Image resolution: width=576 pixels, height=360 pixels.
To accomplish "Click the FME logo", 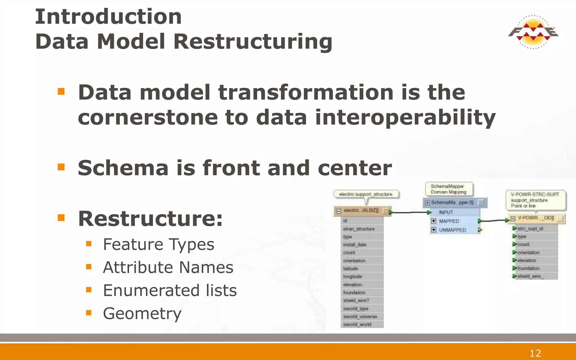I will [x=533, y=32].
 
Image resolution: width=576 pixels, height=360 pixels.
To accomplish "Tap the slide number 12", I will [x=535, y=353].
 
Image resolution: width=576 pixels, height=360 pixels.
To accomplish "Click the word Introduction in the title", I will [x=108, y=17].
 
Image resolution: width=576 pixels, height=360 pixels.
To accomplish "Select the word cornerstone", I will [x=147, y=117].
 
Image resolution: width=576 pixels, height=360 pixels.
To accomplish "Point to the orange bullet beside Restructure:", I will [x=61, y=218].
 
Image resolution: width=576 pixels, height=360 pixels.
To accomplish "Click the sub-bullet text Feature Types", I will [x=158, y=244].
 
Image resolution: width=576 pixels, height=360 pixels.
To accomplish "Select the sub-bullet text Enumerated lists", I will [x=170, y=290].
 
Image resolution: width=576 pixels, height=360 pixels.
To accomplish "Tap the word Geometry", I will [x=142, y=313].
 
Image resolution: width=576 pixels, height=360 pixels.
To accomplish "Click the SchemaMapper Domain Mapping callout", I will [x=449, y=189].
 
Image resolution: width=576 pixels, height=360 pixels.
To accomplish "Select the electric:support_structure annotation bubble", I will [x=366, y=194].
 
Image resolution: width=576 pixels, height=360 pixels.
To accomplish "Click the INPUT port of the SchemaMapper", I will [x=446, y=212].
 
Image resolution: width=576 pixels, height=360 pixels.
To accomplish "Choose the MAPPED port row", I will [x=449, y=221].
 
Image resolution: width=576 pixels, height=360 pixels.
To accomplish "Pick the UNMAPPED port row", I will [x=452, y=230].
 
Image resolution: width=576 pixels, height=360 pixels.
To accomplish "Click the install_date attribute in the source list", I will [x=355, y=245].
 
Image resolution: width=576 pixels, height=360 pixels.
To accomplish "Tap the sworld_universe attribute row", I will [x=360, y=317].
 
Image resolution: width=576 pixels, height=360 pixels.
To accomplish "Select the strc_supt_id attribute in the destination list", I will [x=530, y=229].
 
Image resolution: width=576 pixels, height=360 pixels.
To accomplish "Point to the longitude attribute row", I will [x=353, y=276].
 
